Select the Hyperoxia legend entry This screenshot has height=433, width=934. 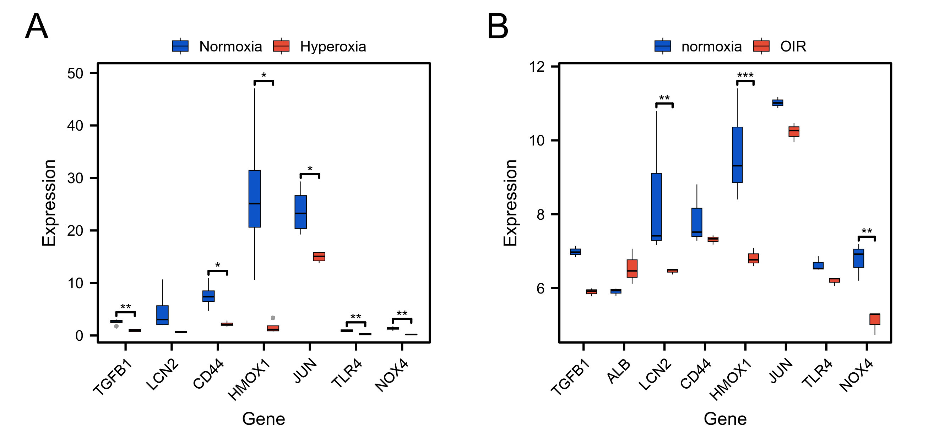332,46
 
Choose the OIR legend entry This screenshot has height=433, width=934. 793,46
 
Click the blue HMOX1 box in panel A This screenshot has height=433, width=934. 255,198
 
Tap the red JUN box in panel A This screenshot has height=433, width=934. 319,257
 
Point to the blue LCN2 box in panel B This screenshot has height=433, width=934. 656,207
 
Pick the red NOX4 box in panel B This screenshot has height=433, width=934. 875,319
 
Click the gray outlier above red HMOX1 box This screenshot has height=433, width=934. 273,318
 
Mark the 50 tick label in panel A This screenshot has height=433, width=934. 75,73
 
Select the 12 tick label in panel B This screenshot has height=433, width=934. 537,67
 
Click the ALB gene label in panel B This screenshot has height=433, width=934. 619,372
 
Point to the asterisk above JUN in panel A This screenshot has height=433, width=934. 310,169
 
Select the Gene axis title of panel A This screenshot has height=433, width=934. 264,418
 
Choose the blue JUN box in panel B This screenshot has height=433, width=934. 778,103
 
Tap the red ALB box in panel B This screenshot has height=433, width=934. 632,269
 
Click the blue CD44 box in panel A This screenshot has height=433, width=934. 208,296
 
